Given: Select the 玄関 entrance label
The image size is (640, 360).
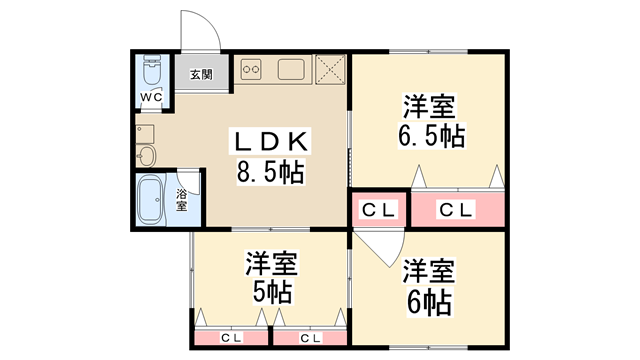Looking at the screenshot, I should tap(201, 74).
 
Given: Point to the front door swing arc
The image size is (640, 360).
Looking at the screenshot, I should tap(197, 31).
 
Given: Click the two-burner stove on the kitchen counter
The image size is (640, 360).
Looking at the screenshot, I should tap(250, 70).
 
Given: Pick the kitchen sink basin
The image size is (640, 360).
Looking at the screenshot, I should tap(291, 70).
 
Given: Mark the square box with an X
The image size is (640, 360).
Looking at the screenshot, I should tap(329, 69).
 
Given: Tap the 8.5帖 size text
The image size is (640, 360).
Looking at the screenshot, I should tap(270, 172).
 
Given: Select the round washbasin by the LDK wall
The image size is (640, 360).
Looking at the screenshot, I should tap(147, 155).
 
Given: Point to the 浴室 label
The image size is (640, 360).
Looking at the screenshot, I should tap(182, 199).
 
